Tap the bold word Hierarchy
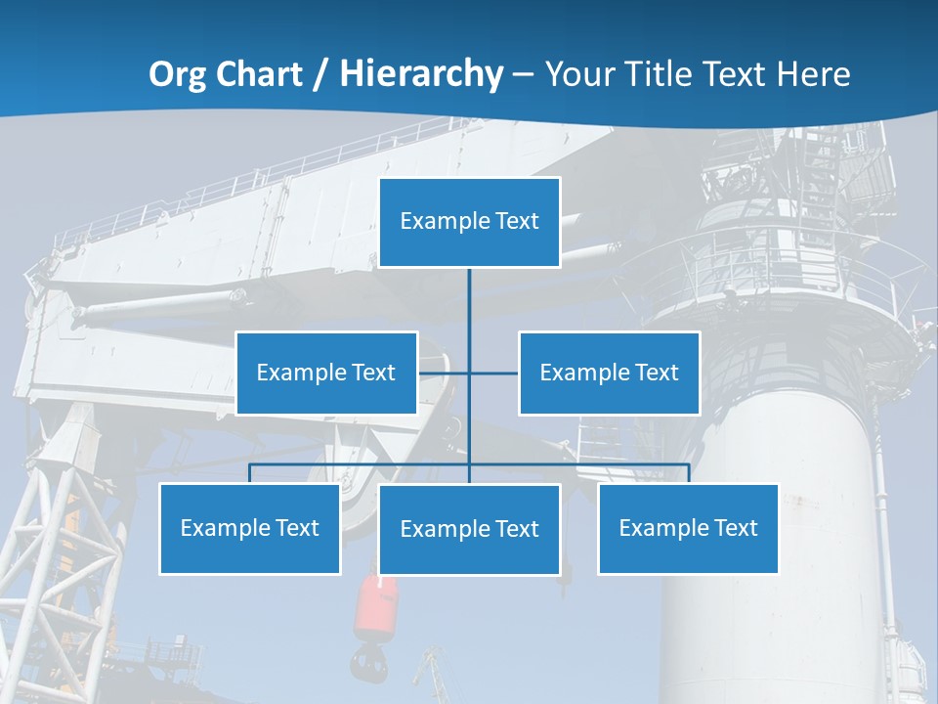[421, 74]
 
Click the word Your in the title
[578, 74]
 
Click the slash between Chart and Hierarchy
[320, 75]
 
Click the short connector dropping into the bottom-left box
[249, 473]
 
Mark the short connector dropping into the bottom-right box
[689, 473]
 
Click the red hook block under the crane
[377, 606]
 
